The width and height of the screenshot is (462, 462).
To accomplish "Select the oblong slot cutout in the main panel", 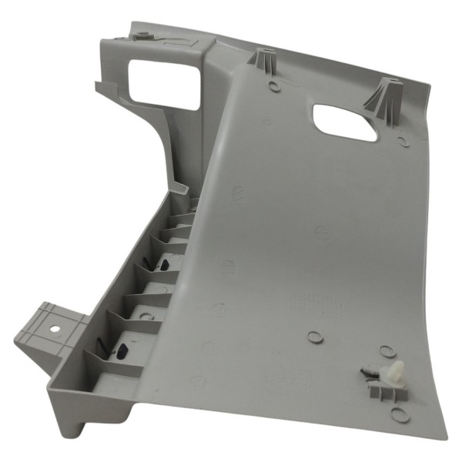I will [x=345, y=122].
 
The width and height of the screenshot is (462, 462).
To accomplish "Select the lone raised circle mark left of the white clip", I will [x=313, y=337].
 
